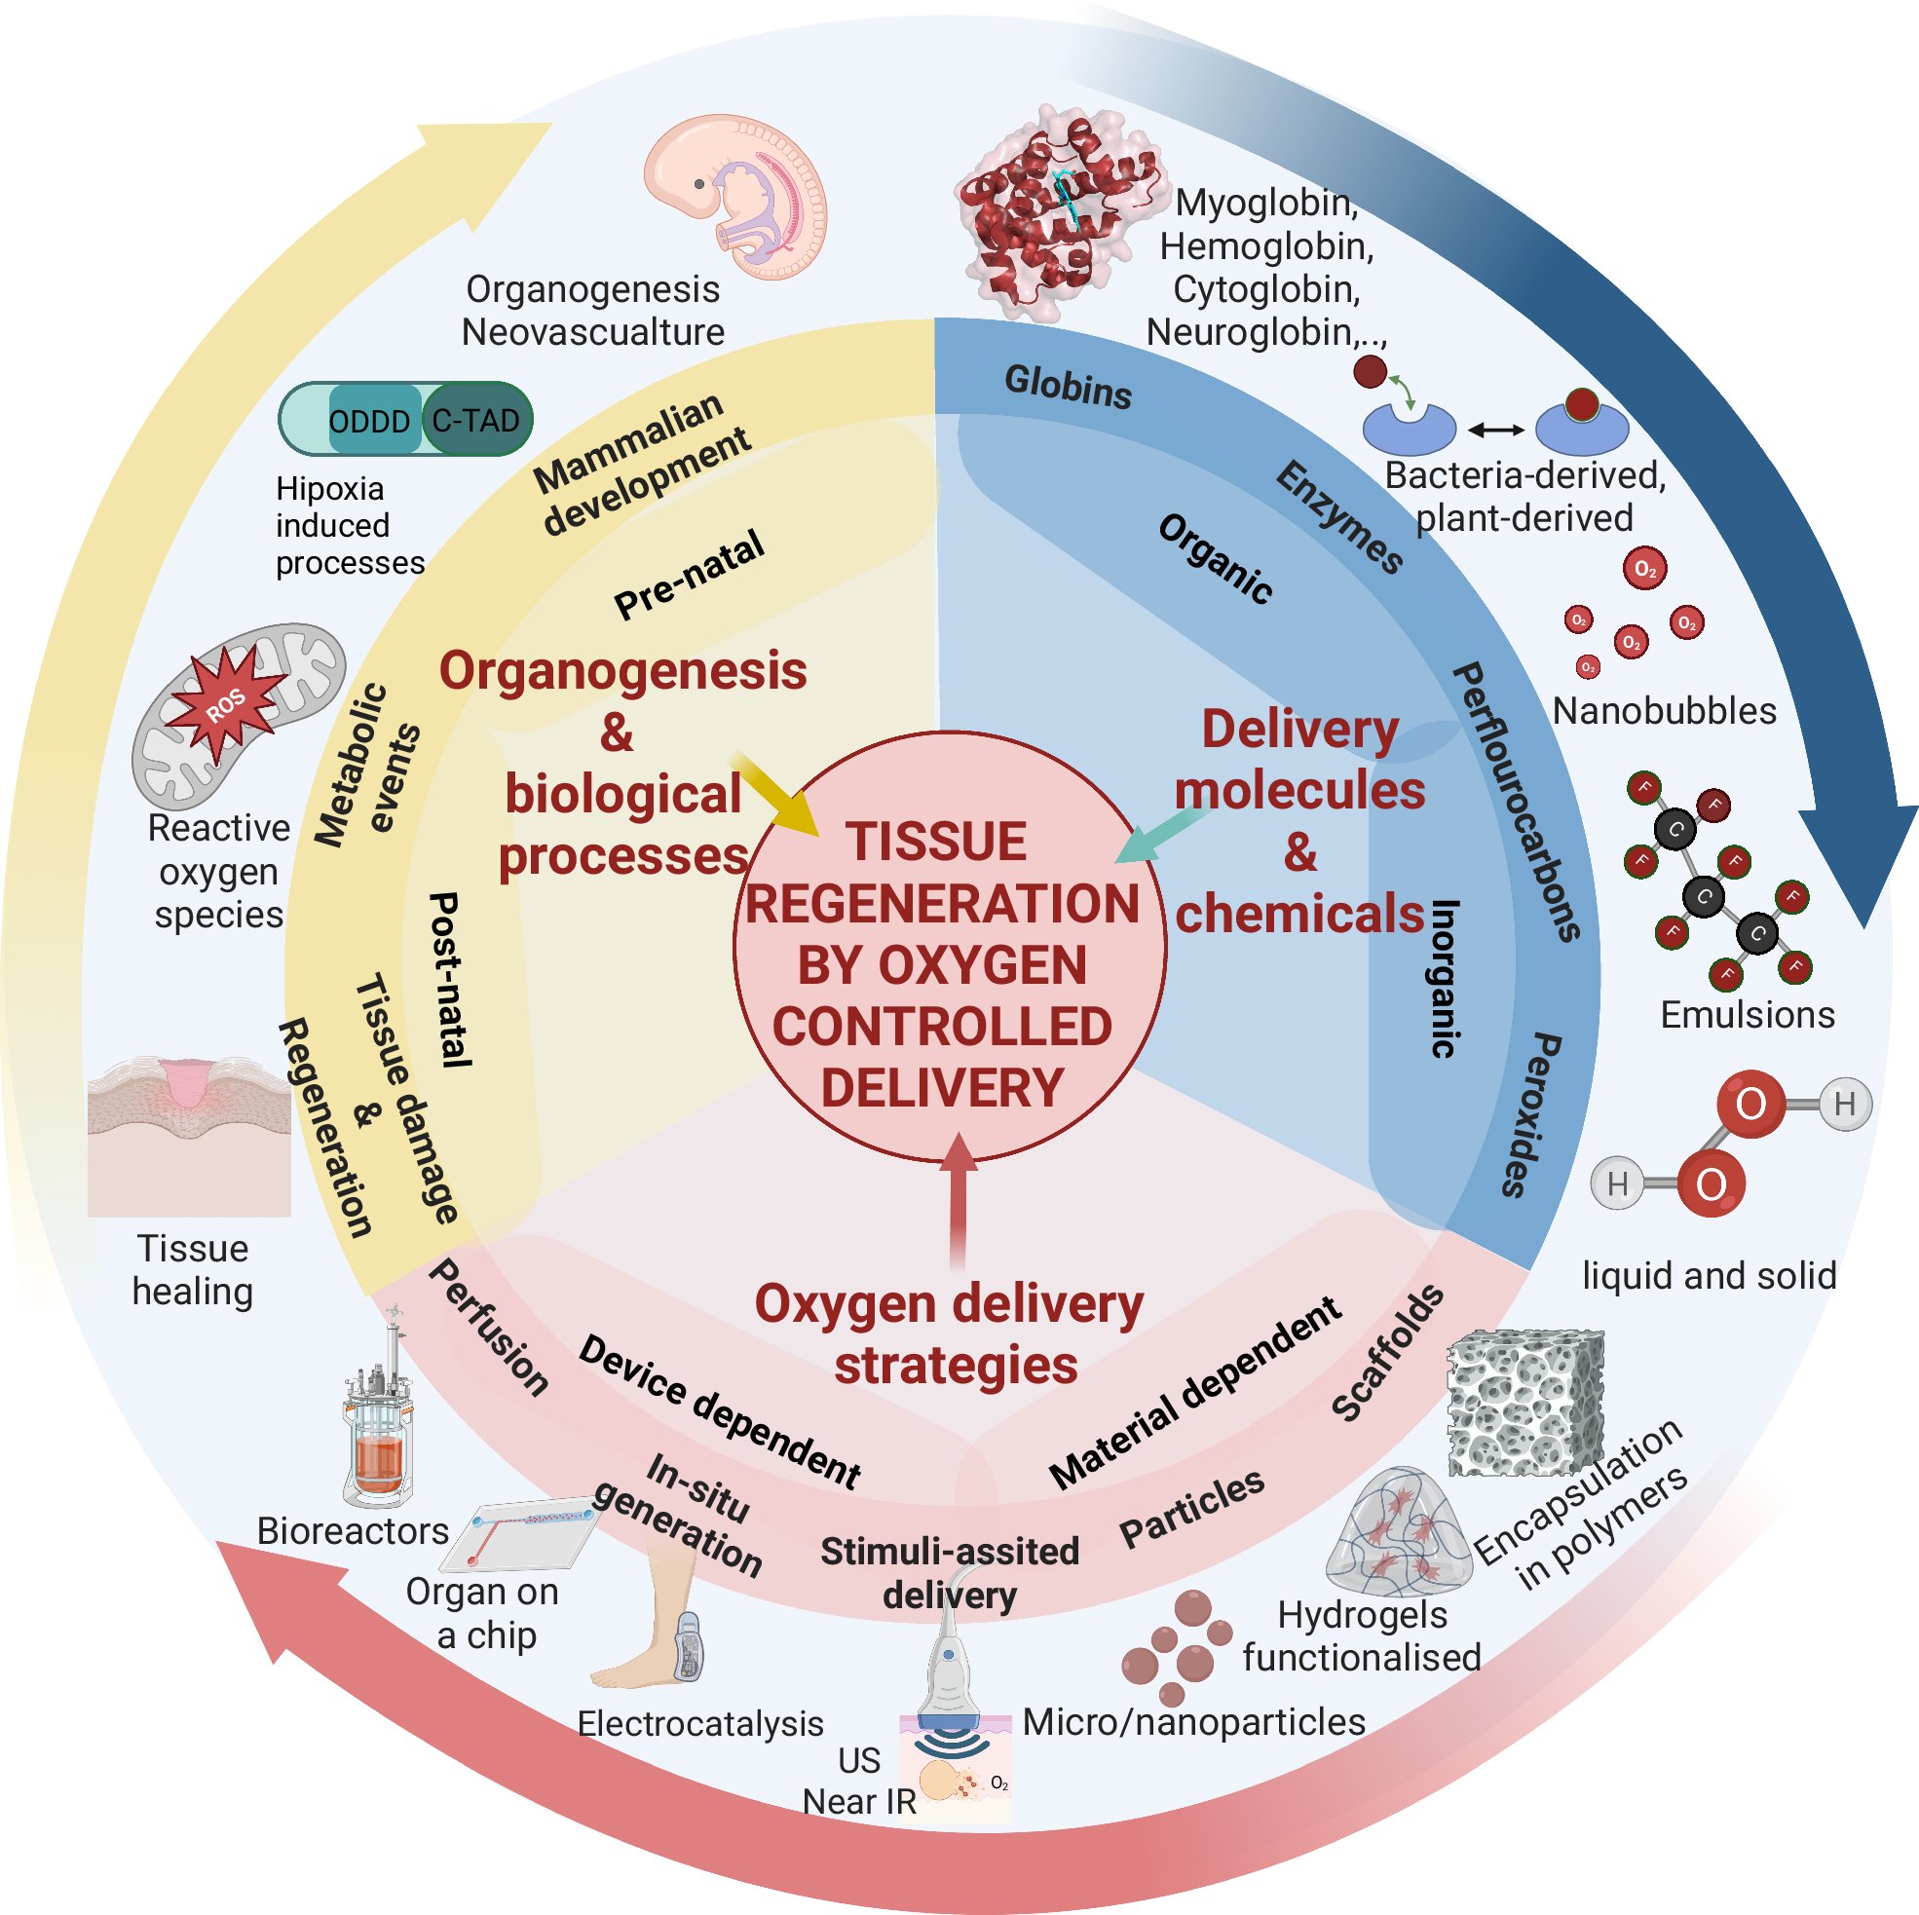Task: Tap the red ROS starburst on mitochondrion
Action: pyautogui.click(x=226, y=701)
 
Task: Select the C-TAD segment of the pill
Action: pyautogui.click(x=476, y=420)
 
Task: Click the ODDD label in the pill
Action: pyautogui.click(x=368, y=421)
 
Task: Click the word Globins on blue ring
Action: pyautogui.click(x=1068, y=387)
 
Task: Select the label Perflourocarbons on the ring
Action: pyautogui.click(x=1515, y=801)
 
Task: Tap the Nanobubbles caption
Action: pyautogui.click(x=1664, y=711)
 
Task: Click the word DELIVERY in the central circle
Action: pyautogui.click(x=942, y=1087)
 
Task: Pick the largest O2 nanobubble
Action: pyautogui.click(x=1645, y=569)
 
